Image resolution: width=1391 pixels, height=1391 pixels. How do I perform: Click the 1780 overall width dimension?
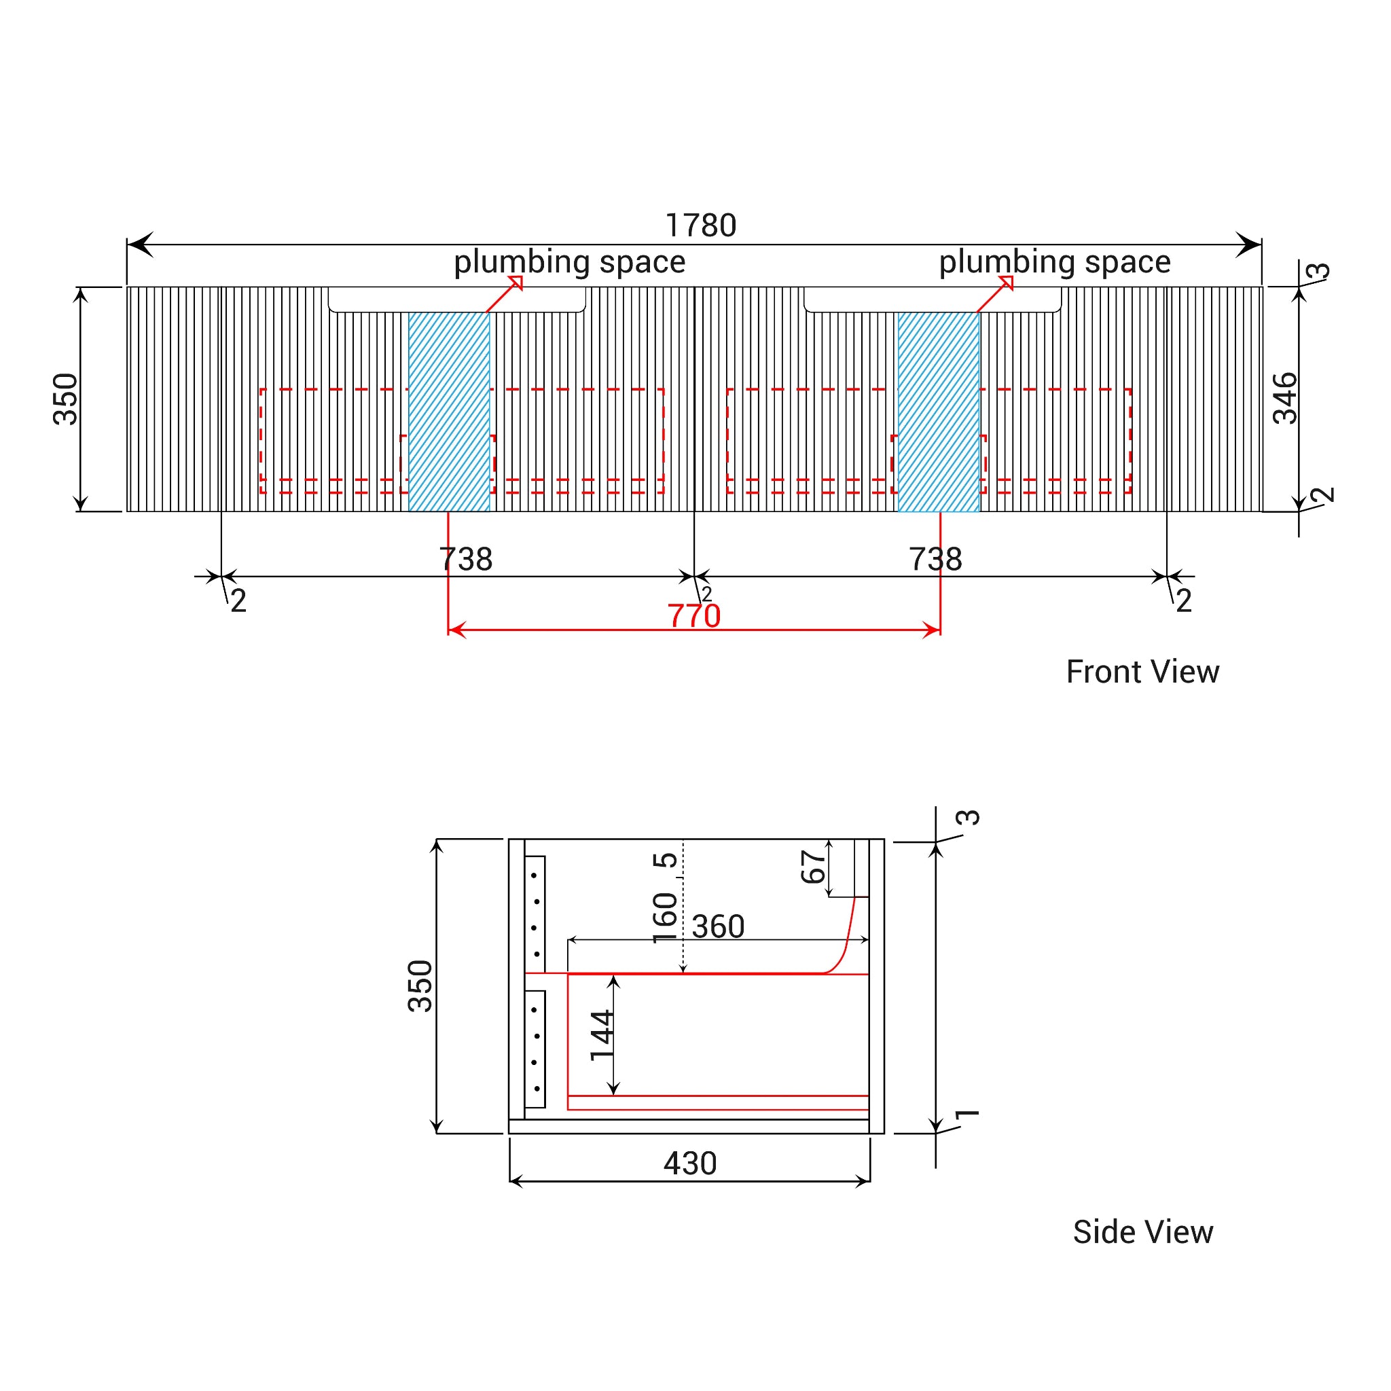[x=700, y=225]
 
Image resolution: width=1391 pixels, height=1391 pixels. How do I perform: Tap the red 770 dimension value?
[x=694, y=616]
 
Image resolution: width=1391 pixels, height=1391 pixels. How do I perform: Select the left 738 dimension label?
[x=466, y=560]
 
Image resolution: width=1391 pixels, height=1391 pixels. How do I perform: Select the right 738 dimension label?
[x=935, y=560]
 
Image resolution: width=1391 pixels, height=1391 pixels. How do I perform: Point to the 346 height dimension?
[x=1285, y=398]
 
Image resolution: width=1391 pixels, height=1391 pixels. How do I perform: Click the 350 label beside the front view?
[x=65, y=399]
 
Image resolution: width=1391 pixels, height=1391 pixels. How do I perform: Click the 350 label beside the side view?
[x=420, y=986]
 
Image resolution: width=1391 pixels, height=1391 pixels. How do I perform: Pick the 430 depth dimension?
[x=690, y=1163]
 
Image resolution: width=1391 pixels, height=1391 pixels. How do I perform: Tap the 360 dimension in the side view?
[x=718, y=926]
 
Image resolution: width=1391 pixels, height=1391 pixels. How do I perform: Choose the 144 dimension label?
[x=602, y=1036]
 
